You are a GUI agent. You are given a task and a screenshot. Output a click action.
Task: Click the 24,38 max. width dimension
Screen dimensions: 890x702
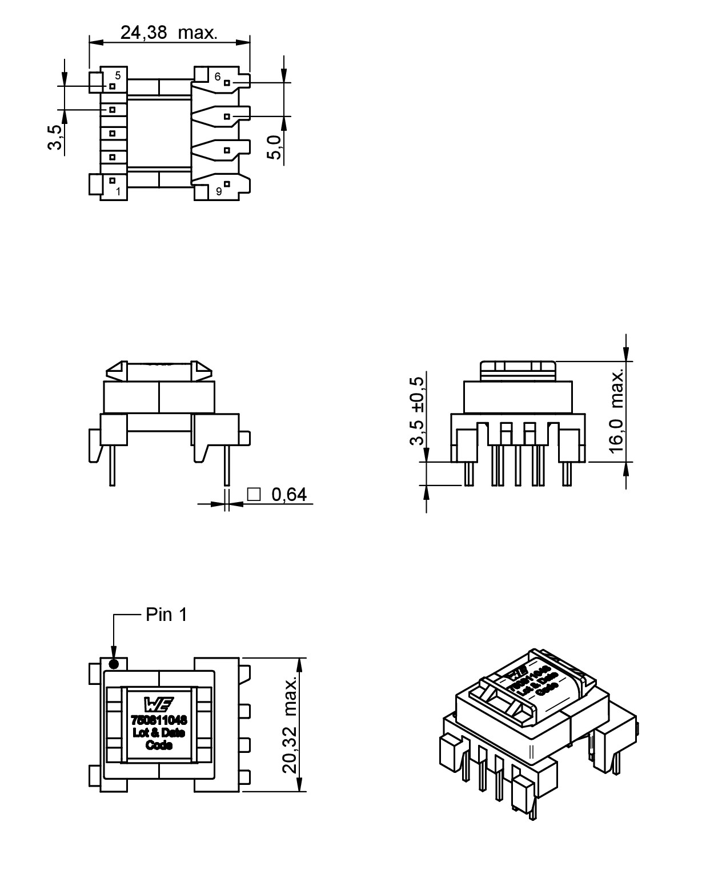pyautogui.click(x=169, y=33)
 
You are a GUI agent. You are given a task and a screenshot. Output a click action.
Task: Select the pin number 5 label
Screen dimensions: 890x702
pyautogui.click(x=118, y=75)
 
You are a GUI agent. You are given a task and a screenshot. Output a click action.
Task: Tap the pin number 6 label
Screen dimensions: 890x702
pyautogui.click(x=217, y=77)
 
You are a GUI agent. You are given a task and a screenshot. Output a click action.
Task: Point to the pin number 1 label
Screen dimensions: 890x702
pyautogui.click(x=118, y=191)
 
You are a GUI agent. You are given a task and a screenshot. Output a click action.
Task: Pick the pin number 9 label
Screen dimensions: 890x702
pyautogui.click(x=219, y=192)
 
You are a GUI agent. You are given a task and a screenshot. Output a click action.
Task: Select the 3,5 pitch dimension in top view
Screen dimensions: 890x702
pyautogui.click(x=55, y=137)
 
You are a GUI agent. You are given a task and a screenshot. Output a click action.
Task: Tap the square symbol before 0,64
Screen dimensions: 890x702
pyautogui.click(x=254, y=494)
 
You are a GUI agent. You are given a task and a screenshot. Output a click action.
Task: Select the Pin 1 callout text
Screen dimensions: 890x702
pyautogui.click(x=166, y=615)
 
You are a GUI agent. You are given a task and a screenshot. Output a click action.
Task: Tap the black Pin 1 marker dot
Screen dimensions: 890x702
pyautogui.click(x=114, y=664)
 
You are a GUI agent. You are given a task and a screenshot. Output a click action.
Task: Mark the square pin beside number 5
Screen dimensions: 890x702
pyautogui.click(x=113, y=86)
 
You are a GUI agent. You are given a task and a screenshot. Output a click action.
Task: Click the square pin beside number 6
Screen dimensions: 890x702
pyautogui.click(x=227, y=83)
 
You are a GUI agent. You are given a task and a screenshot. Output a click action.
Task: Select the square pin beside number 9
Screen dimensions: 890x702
pyautogui.click(x=227, y=184)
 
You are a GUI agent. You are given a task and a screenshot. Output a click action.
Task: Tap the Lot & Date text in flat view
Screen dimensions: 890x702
pyautogui.click(x=159, y=733)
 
